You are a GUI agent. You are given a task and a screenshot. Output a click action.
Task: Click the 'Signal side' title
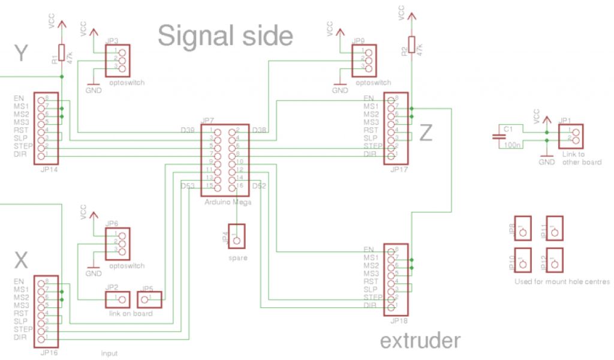click(x=225, y=36)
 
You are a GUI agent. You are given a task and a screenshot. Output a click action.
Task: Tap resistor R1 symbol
click(x=61, y=54)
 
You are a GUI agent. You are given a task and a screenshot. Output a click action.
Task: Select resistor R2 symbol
click(x=411, y=46)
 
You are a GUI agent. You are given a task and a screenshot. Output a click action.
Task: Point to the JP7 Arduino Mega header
click(x=227, y=159)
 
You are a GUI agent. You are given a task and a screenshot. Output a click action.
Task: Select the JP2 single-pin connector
click(x=118, y=299)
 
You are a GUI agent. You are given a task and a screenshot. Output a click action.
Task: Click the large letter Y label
click(x=22, y=55)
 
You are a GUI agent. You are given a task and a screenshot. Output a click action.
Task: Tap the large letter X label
click(x=21, y=260)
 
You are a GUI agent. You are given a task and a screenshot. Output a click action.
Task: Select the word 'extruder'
click(x=420, y=341)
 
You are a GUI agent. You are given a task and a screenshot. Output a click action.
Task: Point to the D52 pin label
click(x=260, y=187)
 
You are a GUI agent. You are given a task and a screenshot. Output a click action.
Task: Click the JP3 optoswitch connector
click(x=118, y=60)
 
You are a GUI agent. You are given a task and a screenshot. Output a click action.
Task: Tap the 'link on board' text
click(x=131, y=314)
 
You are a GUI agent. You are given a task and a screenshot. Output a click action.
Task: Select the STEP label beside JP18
click(x=372, y=297)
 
